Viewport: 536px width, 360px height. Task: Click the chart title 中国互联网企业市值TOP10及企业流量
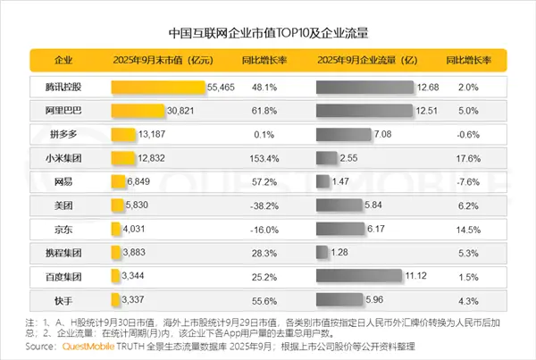click(x=268, y=32)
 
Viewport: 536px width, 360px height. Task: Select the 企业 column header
click(x=63, y=61)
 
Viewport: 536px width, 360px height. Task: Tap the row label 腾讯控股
click(x=63, y=88)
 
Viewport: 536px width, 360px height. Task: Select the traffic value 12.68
click(x=429, y=88)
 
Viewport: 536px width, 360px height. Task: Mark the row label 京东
click(x=63, y=229)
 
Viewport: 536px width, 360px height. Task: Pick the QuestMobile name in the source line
click(x=94, y=347)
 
